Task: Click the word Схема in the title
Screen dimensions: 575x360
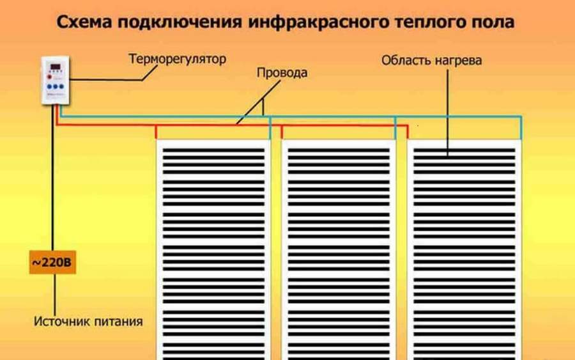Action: pos(84,22)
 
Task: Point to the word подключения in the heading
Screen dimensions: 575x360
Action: pos(180,22)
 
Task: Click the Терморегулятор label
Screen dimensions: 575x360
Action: pos(177,59)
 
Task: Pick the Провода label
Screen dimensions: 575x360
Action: pos(282,73)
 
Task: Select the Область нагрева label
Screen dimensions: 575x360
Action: pos(432,61)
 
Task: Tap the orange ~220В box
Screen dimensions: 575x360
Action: pos(52,262)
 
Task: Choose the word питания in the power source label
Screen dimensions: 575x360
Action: pos(118,322)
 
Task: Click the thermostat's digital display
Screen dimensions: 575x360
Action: pos(56,67)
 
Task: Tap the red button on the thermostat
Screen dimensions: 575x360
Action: pos(49,77)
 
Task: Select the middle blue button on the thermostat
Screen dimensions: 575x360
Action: pos(56,86)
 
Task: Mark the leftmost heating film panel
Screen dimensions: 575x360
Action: pos(213,249)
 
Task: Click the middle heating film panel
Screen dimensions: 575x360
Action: pos(339,249)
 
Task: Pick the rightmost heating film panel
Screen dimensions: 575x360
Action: pos(464,249)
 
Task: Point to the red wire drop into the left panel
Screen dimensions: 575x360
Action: pos(157,132)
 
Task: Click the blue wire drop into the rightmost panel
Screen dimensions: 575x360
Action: pos(521,128)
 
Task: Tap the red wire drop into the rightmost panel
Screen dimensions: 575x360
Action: pos(408,132)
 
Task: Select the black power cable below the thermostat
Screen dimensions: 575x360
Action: pos(53,178)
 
